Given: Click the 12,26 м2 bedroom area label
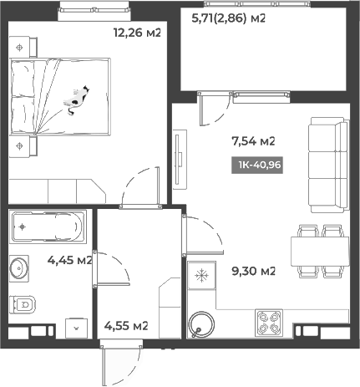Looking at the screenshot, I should [136, 33].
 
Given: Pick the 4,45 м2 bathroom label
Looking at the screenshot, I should [69, 260].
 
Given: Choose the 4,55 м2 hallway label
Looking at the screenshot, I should [125, 325].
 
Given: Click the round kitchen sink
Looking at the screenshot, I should [200, 323].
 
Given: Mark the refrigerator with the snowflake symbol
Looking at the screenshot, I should [201, 274].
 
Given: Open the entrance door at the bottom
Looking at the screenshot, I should [117, 366].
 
